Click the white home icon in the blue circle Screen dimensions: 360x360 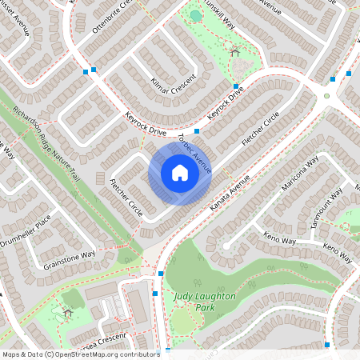tap(180, 173)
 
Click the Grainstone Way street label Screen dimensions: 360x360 tap(70, 258)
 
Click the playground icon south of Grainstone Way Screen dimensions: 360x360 tap(66, 311)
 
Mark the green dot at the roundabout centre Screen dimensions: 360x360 tap(326, 96)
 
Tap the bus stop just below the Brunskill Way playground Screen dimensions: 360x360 tap(235, 86)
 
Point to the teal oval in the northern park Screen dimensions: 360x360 tap(196, 16)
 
